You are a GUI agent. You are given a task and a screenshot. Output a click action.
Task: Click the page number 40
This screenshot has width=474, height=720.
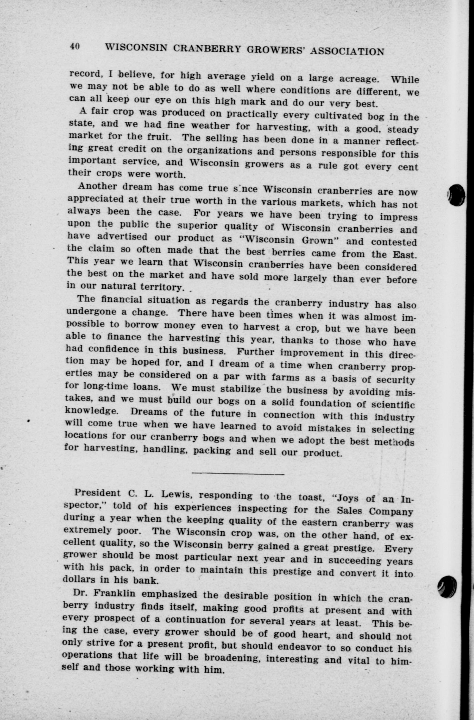[x=75, y=46]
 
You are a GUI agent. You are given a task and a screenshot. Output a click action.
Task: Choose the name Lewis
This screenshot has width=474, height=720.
[x=176, y=495]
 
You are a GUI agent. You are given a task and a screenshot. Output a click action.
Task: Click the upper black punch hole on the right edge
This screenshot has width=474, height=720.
[x=457, y=195]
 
